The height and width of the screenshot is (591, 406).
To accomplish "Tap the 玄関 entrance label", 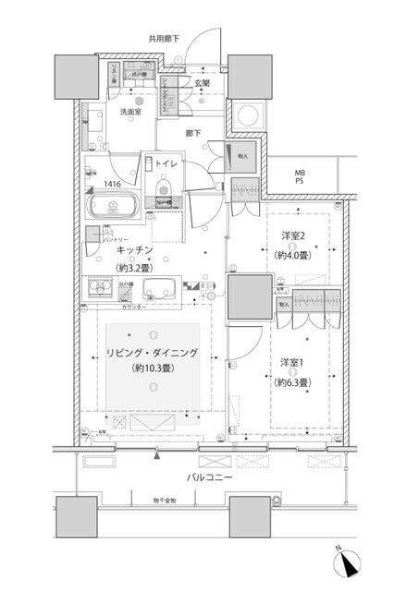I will click(201, 84).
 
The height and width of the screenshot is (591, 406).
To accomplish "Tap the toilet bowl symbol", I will click(164, 194).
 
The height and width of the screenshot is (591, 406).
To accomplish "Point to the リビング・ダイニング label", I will click(154, 354).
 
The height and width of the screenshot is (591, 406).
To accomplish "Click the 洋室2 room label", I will click(294, 238).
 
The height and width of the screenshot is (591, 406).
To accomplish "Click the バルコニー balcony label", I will click(209, 476).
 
